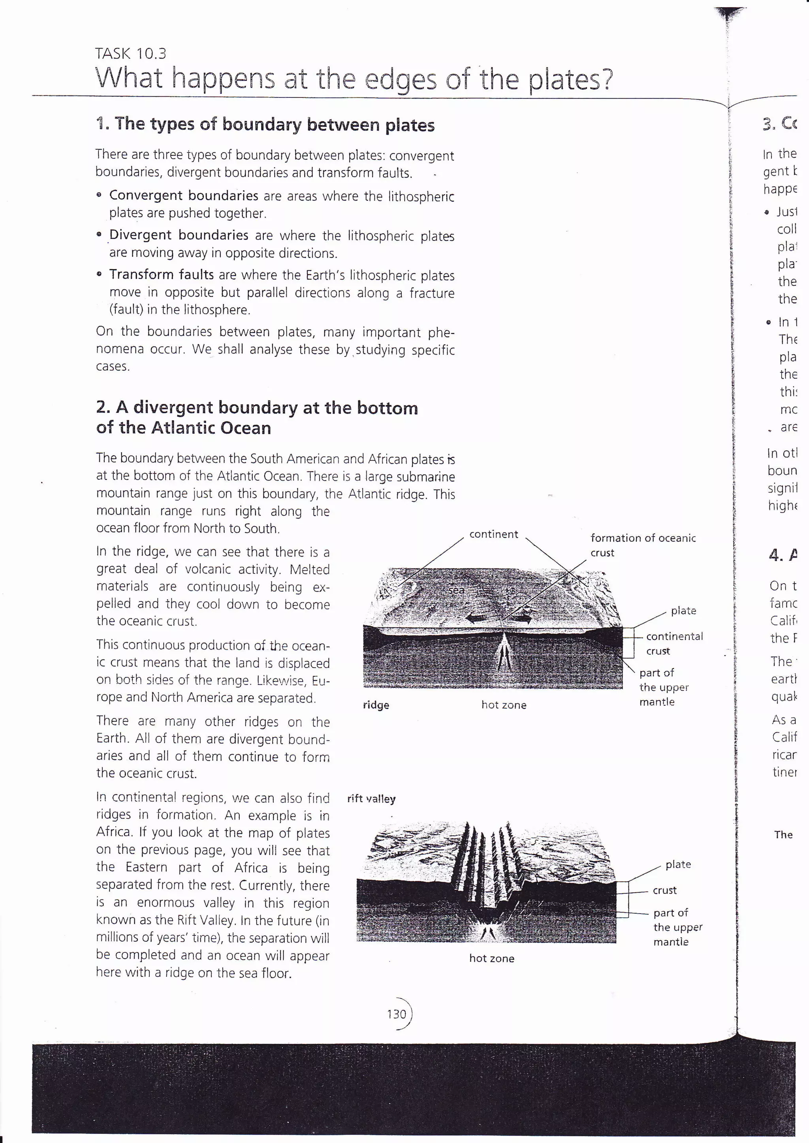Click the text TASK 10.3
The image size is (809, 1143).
[x=130, y=53]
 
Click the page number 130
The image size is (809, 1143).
[x=397, y=1014]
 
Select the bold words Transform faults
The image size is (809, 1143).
[x=162, y=274]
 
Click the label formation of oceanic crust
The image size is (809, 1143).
[x=642, y=545]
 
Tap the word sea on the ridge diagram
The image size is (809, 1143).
[x=456, y=590]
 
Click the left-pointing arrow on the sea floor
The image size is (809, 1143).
[x=477, y=619]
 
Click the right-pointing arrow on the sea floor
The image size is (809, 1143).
[x=521, y=619]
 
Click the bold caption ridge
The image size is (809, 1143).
[x=376, y=705]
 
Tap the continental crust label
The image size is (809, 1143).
[x=674, y=643]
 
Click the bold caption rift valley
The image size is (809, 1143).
[x=371, y=798]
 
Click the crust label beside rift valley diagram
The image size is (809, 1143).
[x=664, y=890]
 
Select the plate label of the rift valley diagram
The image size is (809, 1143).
[x=678, y=864]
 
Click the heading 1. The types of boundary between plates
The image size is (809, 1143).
[x=265, y=124]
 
